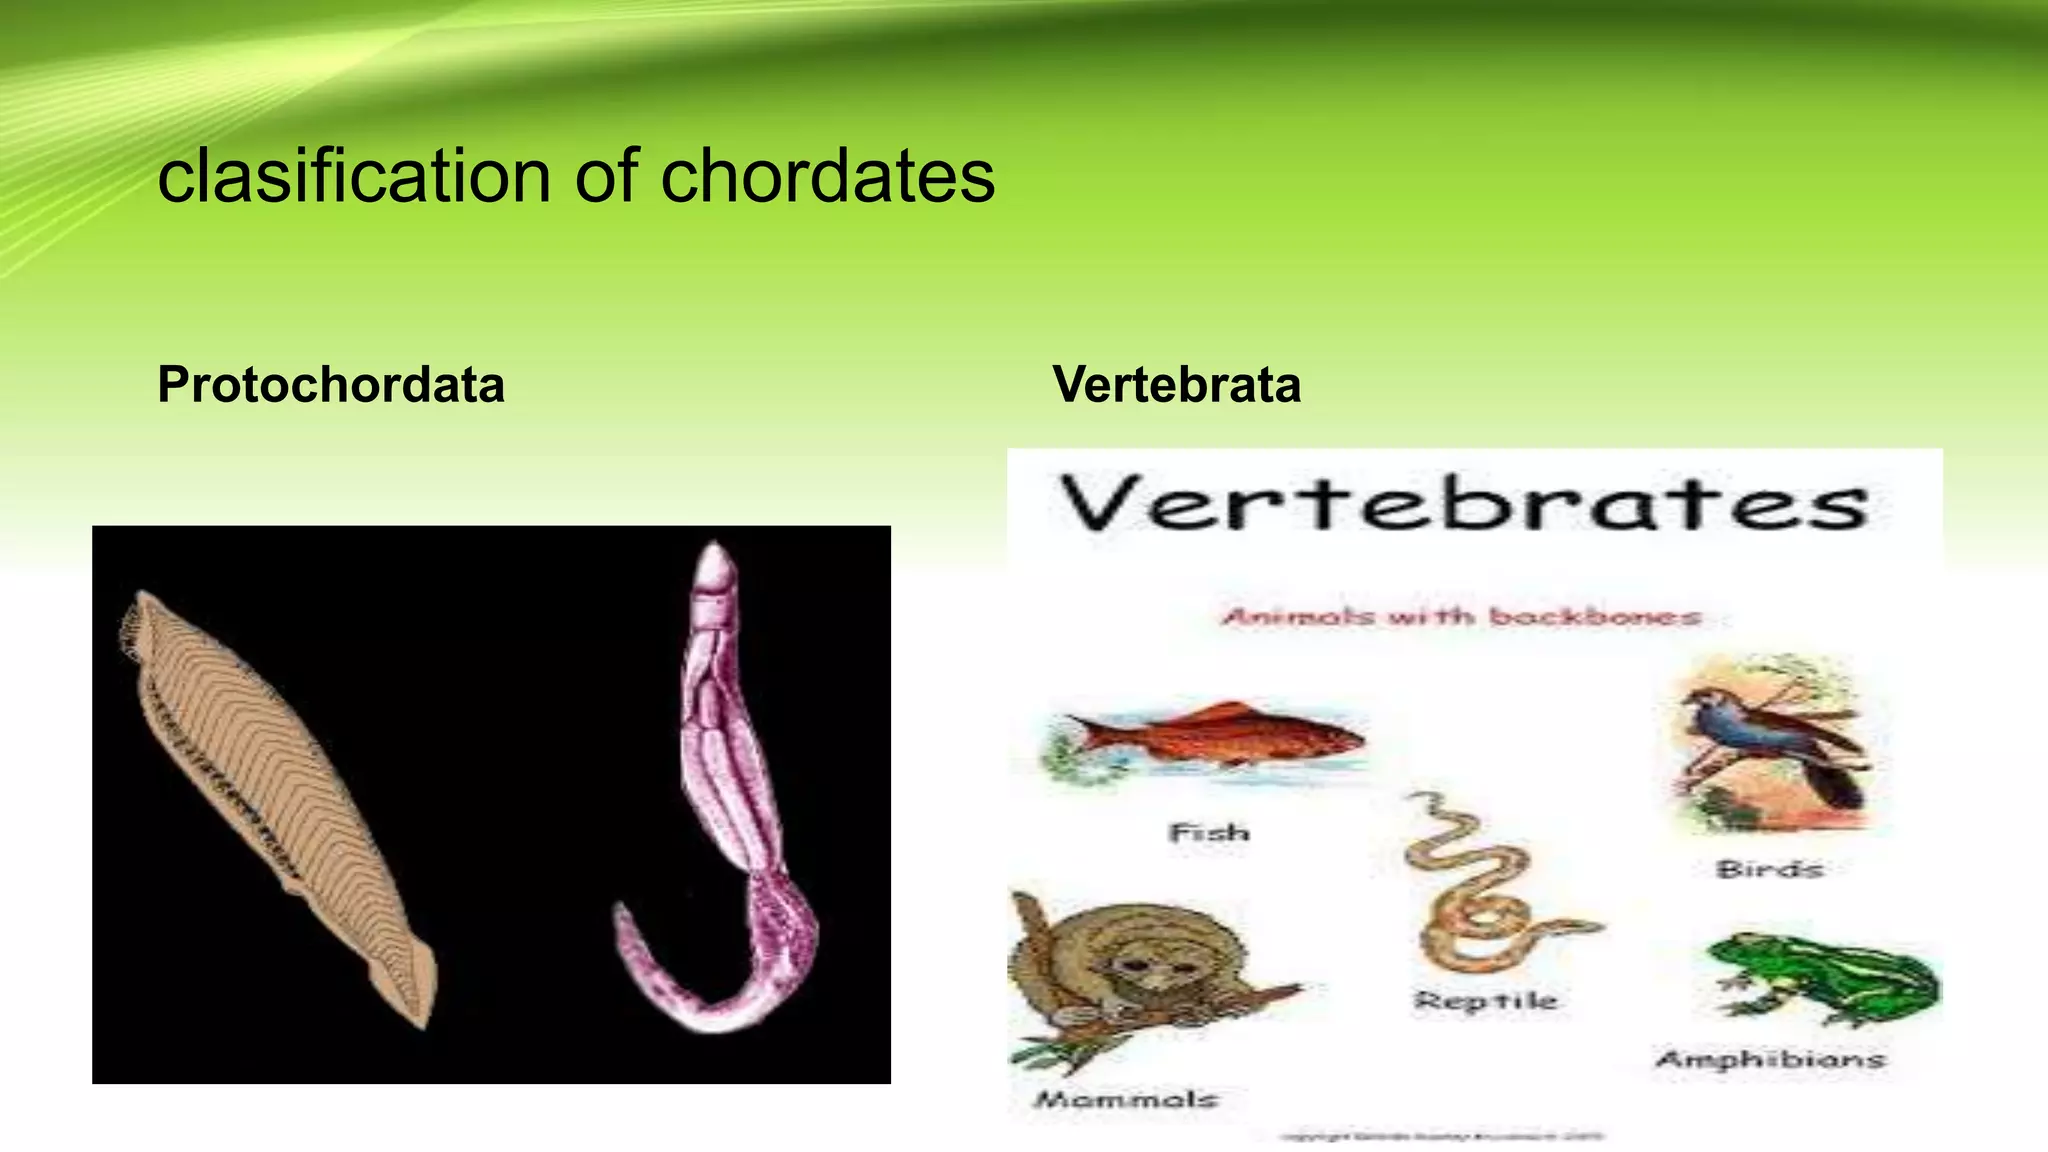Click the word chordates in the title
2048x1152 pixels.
pos(827,177)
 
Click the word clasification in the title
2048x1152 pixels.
pos(355,177)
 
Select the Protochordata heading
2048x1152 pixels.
pos(331,385)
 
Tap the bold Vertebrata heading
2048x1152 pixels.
pos(1176,385)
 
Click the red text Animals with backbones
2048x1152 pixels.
pos(1461,616)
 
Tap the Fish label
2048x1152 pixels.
pos(1209,832)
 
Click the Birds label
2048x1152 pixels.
pos(1770,869)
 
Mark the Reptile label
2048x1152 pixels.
pos(1485,1000)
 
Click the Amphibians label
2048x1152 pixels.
pos(1770,1059)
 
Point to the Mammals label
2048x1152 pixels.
pos(1125,1099)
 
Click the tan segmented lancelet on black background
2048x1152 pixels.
pos(270,790)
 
